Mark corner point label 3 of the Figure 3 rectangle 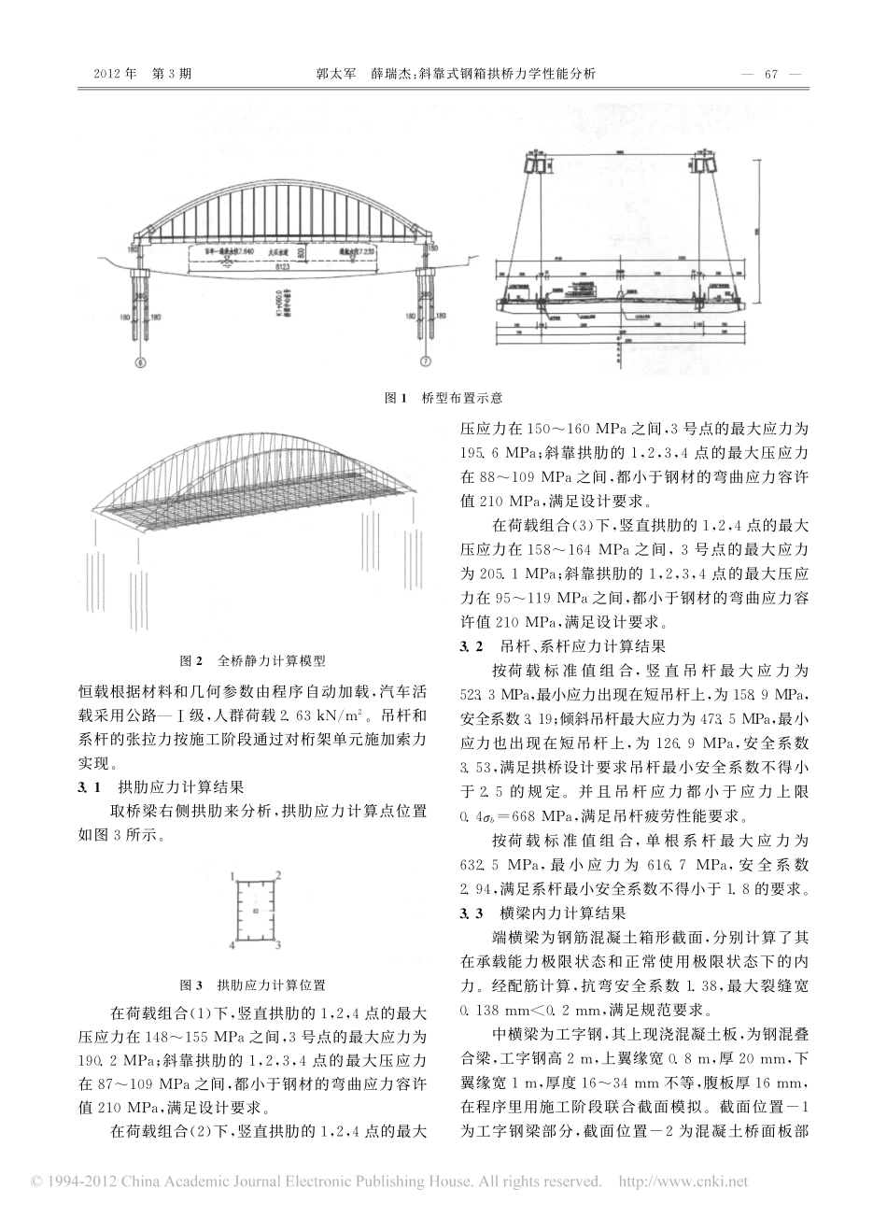tap(279, 946)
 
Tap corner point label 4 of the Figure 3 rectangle tap(231, 946)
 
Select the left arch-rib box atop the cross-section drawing tap(540, 164)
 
